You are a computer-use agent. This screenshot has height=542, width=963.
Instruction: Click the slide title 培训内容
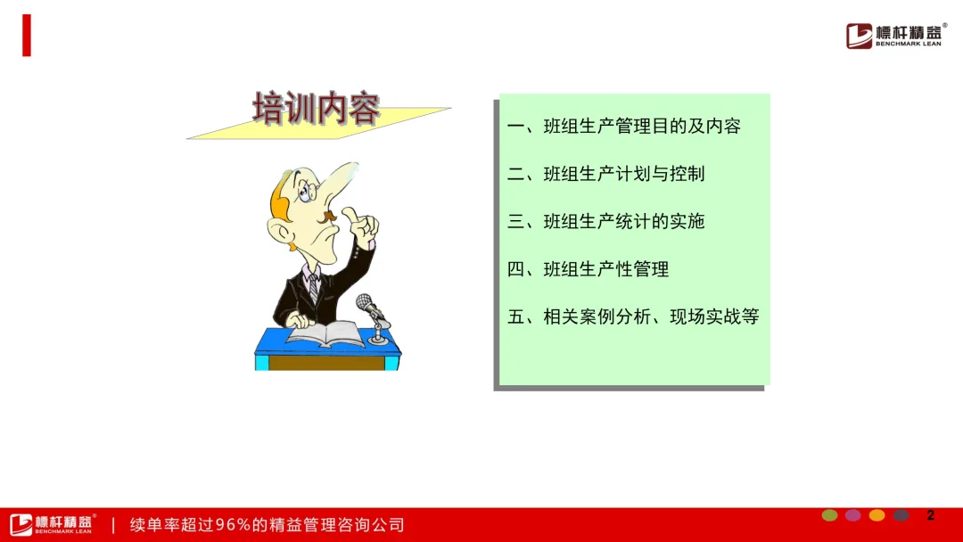click(x=317, y=109)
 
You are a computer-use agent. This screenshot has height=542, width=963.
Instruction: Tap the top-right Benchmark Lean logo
click(x=896, y=36)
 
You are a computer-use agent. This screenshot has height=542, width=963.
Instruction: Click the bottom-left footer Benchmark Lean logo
click(x=53, y=524)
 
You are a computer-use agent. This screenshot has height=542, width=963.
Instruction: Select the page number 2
click(x=930, y=515)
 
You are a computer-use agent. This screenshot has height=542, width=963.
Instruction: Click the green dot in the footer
click(x=830, y=515)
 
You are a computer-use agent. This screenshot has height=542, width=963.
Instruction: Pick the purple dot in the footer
click(x=853, y=515)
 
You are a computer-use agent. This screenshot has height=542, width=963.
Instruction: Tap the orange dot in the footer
click(x=877, y=515)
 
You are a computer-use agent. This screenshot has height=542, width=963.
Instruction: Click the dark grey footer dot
click(x=901, y=515)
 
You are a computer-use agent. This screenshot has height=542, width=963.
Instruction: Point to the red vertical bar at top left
click(x=27, y=36)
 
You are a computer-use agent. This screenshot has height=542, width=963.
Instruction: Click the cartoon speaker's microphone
click(x=373, y=317)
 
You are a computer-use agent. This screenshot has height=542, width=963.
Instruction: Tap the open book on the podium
click(x=325, y=334)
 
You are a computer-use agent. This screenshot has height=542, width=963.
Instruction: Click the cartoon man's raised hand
click(x=361, y=227)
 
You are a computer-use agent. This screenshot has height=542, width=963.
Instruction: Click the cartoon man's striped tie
click(x=314, y=289)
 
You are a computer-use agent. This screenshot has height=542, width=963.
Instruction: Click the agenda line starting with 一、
click(x=624, y=127)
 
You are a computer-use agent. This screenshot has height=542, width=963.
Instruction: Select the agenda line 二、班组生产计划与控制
click(x=605, y=175)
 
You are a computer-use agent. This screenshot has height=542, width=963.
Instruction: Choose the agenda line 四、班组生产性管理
click(x=588, y=269)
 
